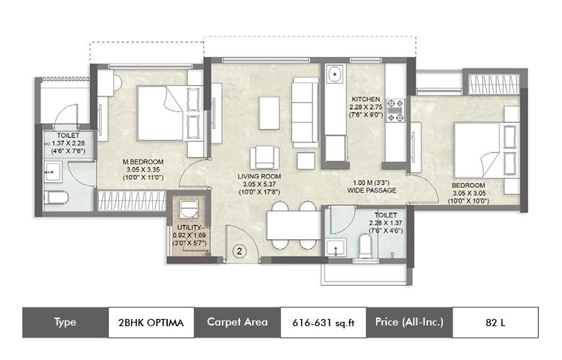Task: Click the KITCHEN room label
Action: pos(365,99)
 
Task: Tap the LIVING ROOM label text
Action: pos(259,176)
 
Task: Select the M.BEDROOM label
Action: pos(143,161)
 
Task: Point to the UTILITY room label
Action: pos(189,227)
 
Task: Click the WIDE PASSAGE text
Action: pos(372,190)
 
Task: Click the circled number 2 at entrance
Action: pos(239,251)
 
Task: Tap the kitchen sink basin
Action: pos(334,74)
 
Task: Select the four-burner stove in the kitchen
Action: pos(396,111)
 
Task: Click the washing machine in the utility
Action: pos(189,209)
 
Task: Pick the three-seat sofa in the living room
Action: pos(305,112)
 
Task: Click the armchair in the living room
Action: pos(264,157)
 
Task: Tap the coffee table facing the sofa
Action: pos(269,113)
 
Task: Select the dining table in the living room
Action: pos(294,225)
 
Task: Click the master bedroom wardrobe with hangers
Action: pos(132,201)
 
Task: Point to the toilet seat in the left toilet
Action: pos(56,197)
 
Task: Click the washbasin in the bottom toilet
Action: pos(336,248)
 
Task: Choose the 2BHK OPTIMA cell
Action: pos(151,323)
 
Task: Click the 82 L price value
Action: pos(495,323)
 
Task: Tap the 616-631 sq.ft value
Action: pos(324,323)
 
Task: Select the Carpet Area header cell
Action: pos(237,323)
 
